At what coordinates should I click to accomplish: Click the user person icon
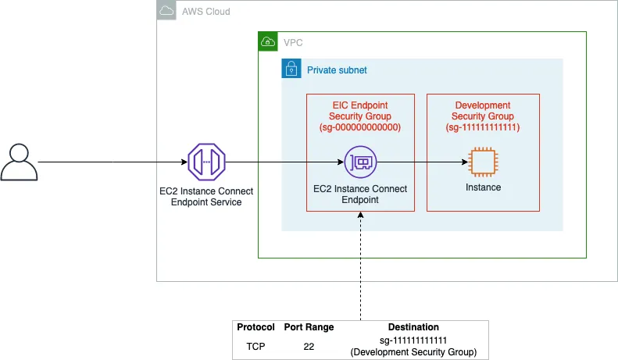(19, 162)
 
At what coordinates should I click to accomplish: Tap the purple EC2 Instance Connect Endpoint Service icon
(206, 162)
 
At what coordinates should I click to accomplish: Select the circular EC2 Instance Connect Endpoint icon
(361, 162)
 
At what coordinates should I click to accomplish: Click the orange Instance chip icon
(483, 162)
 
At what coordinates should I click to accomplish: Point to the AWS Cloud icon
(166, 10)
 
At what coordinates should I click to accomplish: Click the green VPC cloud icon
(268, 41)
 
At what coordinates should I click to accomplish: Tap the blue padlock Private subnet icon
(291, 68)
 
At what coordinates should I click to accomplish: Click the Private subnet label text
(337, 70)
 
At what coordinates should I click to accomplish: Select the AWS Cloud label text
(205, 12)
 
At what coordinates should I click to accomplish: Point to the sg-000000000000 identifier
(360, 127)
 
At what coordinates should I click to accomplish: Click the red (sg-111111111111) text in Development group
(483, 127)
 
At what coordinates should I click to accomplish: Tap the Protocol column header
(255, 327)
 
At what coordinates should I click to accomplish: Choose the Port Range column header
(309, 327)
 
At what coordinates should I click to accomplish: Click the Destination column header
(413, 327)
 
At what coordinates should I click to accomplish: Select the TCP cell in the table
(255, 346)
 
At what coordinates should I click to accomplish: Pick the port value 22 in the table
(309, 346)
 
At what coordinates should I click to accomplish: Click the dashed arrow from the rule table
(361, 266)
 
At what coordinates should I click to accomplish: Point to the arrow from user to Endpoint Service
(113, 162)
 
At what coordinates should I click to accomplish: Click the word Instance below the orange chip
(483, 187)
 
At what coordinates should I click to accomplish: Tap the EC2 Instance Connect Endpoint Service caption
(206, 197)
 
